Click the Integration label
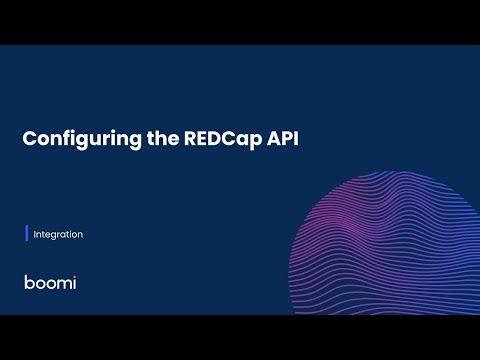[58, 235]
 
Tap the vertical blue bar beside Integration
[27, 235]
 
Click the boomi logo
[50, 282]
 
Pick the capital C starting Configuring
[30, 140]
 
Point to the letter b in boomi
[28, 282]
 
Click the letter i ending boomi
[74, 282]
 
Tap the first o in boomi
[39, 283]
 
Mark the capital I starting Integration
[35, 235]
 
